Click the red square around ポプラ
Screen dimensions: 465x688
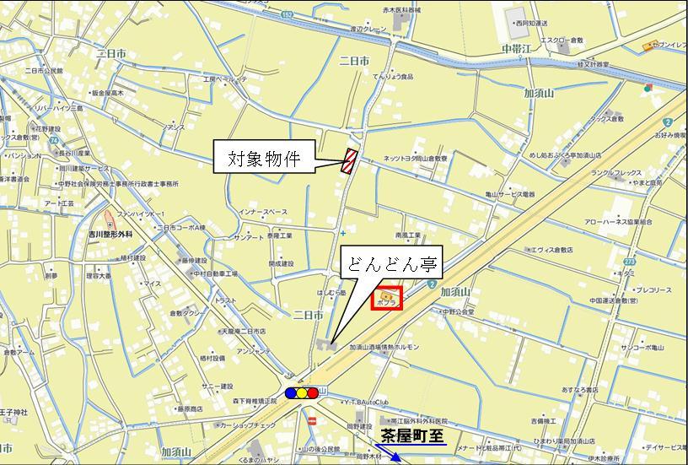387,299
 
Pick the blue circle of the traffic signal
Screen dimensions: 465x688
292,392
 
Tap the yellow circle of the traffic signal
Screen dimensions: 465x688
303,392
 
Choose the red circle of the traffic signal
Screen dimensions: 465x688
314,392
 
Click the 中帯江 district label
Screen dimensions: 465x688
513,50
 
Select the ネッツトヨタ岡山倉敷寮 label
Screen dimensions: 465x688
416,158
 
